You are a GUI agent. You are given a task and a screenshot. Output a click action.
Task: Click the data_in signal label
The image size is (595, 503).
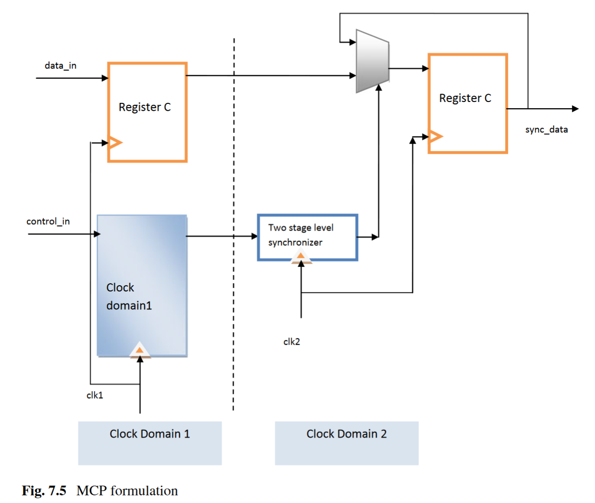tap(61, 65)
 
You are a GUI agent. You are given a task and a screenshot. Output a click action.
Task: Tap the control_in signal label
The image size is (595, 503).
tap(48, 221)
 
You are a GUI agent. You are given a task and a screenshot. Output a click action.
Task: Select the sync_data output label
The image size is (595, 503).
tap(546, 129)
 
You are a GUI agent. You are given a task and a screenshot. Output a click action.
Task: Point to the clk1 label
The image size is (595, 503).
tap(95, 395)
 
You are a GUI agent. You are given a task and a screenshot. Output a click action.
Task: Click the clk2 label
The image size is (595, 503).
tap(292, 342)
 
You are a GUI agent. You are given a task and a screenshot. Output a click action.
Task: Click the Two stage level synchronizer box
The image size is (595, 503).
tap(308, 237)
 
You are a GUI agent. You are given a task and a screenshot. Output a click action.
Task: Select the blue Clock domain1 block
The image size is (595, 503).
tap(142, 286)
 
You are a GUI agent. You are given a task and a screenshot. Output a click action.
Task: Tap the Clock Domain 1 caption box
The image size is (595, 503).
tap(150, 443)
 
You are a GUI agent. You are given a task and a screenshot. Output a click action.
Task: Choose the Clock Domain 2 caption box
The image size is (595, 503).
tap(347, 443)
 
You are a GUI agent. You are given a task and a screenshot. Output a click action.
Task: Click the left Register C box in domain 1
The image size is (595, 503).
tap(147, 112)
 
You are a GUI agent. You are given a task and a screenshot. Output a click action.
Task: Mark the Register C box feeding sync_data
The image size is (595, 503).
tap(468, 103)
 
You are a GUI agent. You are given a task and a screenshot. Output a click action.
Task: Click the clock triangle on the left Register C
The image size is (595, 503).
tap(115, 143)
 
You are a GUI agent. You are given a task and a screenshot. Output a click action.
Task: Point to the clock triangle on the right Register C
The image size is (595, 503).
tap(435, 137)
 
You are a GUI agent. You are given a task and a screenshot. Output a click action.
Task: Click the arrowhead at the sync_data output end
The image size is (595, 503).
tap(575, 109)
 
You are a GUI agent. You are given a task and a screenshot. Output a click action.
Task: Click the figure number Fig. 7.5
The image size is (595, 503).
tap(44, 491)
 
